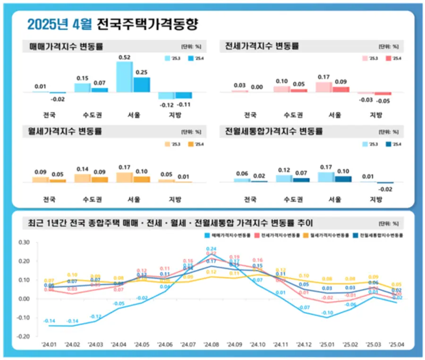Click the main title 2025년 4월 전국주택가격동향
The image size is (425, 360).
coord(112,24)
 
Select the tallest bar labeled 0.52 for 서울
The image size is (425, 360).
coord(124,77)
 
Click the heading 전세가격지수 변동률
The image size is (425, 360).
coord(263,46)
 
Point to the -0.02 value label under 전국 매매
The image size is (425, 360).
coord(58,99)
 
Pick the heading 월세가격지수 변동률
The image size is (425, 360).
coord(66,131)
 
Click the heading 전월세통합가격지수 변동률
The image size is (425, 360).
coord(274,131)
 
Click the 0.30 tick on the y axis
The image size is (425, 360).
coord(24,242)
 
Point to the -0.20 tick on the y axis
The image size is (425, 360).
coord(23,336)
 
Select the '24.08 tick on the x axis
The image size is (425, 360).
coord(212,345)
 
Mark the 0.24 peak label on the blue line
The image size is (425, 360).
coord(211,249)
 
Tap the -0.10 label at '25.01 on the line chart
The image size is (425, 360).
coord(327,313)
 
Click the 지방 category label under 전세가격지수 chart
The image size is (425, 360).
coord(376,115)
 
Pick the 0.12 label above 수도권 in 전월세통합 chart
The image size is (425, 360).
coord(284,170)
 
